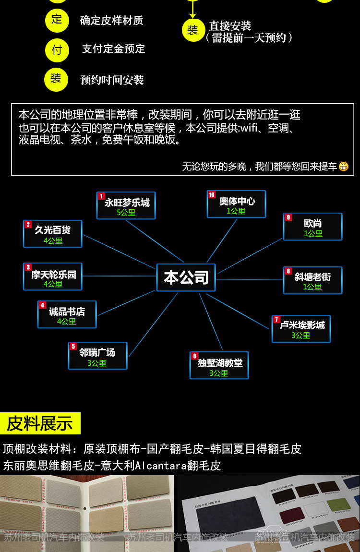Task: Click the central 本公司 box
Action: (x=186, y=277)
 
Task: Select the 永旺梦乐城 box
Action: (x=126, y=205)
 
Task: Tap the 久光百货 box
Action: (x=53, y=234)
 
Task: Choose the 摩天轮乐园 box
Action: (x=53, y=276)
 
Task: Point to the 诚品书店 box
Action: (x=67, y=314)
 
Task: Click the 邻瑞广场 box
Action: (x=97, y=356)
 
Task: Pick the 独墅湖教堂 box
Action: (x=219, y=365)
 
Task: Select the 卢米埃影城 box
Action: (x=301, y=329)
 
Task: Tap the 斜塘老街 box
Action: (x=312, y=280)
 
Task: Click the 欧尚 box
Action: (x=312, y=227)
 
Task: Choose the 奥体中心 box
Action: (x=236, y=204)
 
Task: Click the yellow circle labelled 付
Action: (x=57, y=50)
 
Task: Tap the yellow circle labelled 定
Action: (x=57, y=20)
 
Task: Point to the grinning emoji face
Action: (x=343, y=167)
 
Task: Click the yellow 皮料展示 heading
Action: (x=40, y=423)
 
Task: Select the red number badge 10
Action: (x=212, y=195)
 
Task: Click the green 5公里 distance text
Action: (x=126, y=212)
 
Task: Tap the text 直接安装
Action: (x=230, y=26)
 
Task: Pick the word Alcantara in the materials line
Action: (x=161, y=465)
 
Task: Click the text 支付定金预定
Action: (x=113, y=49)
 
